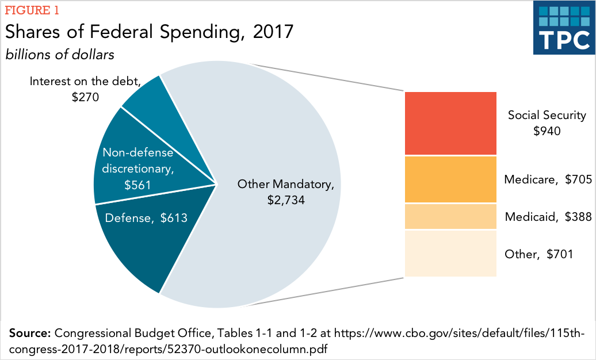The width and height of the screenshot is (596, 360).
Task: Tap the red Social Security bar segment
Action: [450, 123]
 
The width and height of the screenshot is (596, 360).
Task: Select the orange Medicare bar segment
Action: [450, 179]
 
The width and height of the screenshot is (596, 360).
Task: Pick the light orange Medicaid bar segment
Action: [450, 217]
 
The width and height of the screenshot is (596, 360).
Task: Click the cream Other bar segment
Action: [450, 254]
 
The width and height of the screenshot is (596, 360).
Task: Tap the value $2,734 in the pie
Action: [286, 200]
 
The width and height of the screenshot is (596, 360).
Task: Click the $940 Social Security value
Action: [547, 131]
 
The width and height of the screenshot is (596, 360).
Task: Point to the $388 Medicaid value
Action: [578, 217]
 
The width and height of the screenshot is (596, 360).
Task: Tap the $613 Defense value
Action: [174, 217]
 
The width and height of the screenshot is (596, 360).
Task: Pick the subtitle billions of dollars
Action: [60, 55]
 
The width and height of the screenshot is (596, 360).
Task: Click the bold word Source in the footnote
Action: [30, 334]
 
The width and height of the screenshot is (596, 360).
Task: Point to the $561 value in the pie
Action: [137, 185]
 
